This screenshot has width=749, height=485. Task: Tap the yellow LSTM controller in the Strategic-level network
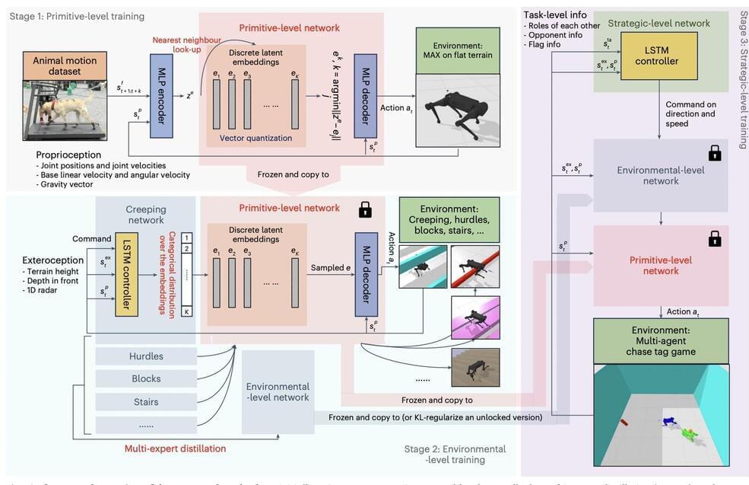[x=659, y=56]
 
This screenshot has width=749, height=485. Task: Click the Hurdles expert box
[x=146, y=356]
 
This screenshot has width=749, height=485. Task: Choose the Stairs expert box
[x=146, y=402]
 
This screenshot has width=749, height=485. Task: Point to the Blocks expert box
[x=146, y=379]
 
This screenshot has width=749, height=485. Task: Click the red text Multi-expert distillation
[x=175, y=448]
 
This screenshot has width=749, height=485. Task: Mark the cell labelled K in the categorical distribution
[x=186, y=311]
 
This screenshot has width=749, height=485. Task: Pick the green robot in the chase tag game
[x=687, y=434]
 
